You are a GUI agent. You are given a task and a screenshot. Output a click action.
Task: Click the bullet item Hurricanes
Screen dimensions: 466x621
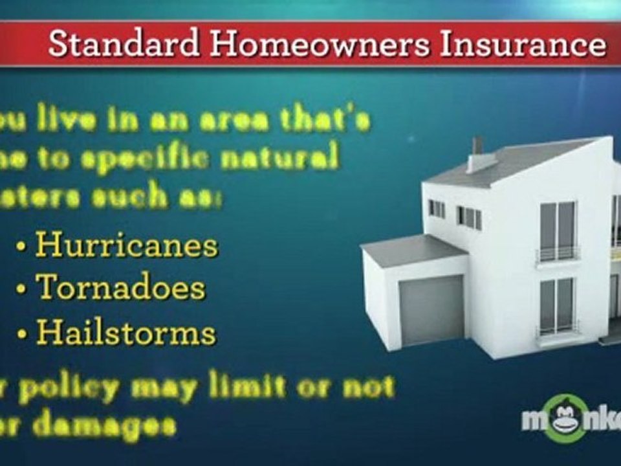pos(127,246)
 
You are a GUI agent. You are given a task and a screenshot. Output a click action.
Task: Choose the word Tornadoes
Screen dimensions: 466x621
pos(120,287)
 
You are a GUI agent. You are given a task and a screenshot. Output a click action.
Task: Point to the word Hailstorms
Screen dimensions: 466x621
pos(126,332)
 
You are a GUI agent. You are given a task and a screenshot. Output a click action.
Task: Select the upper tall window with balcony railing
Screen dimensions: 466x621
pos(557,230)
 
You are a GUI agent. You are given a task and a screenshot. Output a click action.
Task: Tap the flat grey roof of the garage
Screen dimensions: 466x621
pos(411,249)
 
